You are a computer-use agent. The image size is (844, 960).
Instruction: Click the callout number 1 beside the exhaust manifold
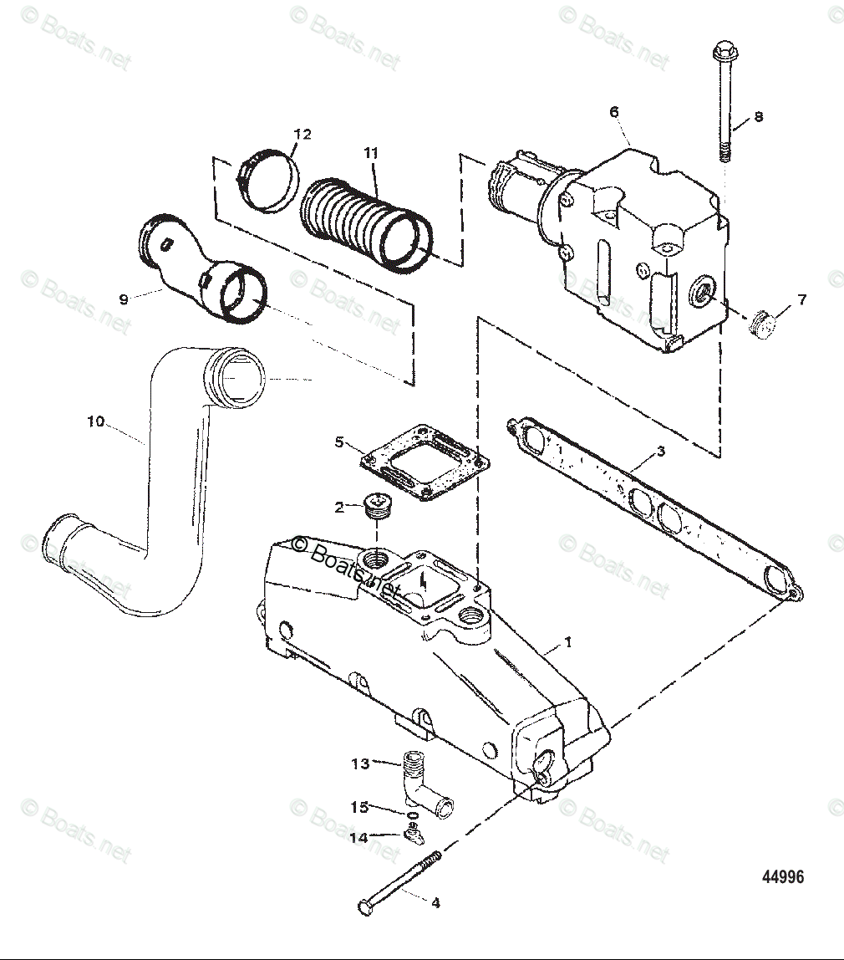tap(568, 642)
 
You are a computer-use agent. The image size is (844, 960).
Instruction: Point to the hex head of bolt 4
tap(364, 907)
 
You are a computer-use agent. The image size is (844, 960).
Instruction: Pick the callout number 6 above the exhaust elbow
tap(614, 111)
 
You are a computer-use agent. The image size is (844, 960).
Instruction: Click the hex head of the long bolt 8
tap(722, 51)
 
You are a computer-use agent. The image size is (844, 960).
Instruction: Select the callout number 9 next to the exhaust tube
tap(124, 299)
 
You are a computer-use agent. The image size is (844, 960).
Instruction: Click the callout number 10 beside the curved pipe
tap(96, 421)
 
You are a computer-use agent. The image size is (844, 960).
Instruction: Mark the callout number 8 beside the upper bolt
tap(759, 117)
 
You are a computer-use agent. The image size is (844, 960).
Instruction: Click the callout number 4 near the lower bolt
tap(435, 902)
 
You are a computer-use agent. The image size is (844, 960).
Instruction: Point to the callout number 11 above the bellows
tap(371, 153)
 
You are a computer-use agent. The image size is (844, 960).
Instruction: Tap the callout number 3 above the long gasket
tap(660, 452)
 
